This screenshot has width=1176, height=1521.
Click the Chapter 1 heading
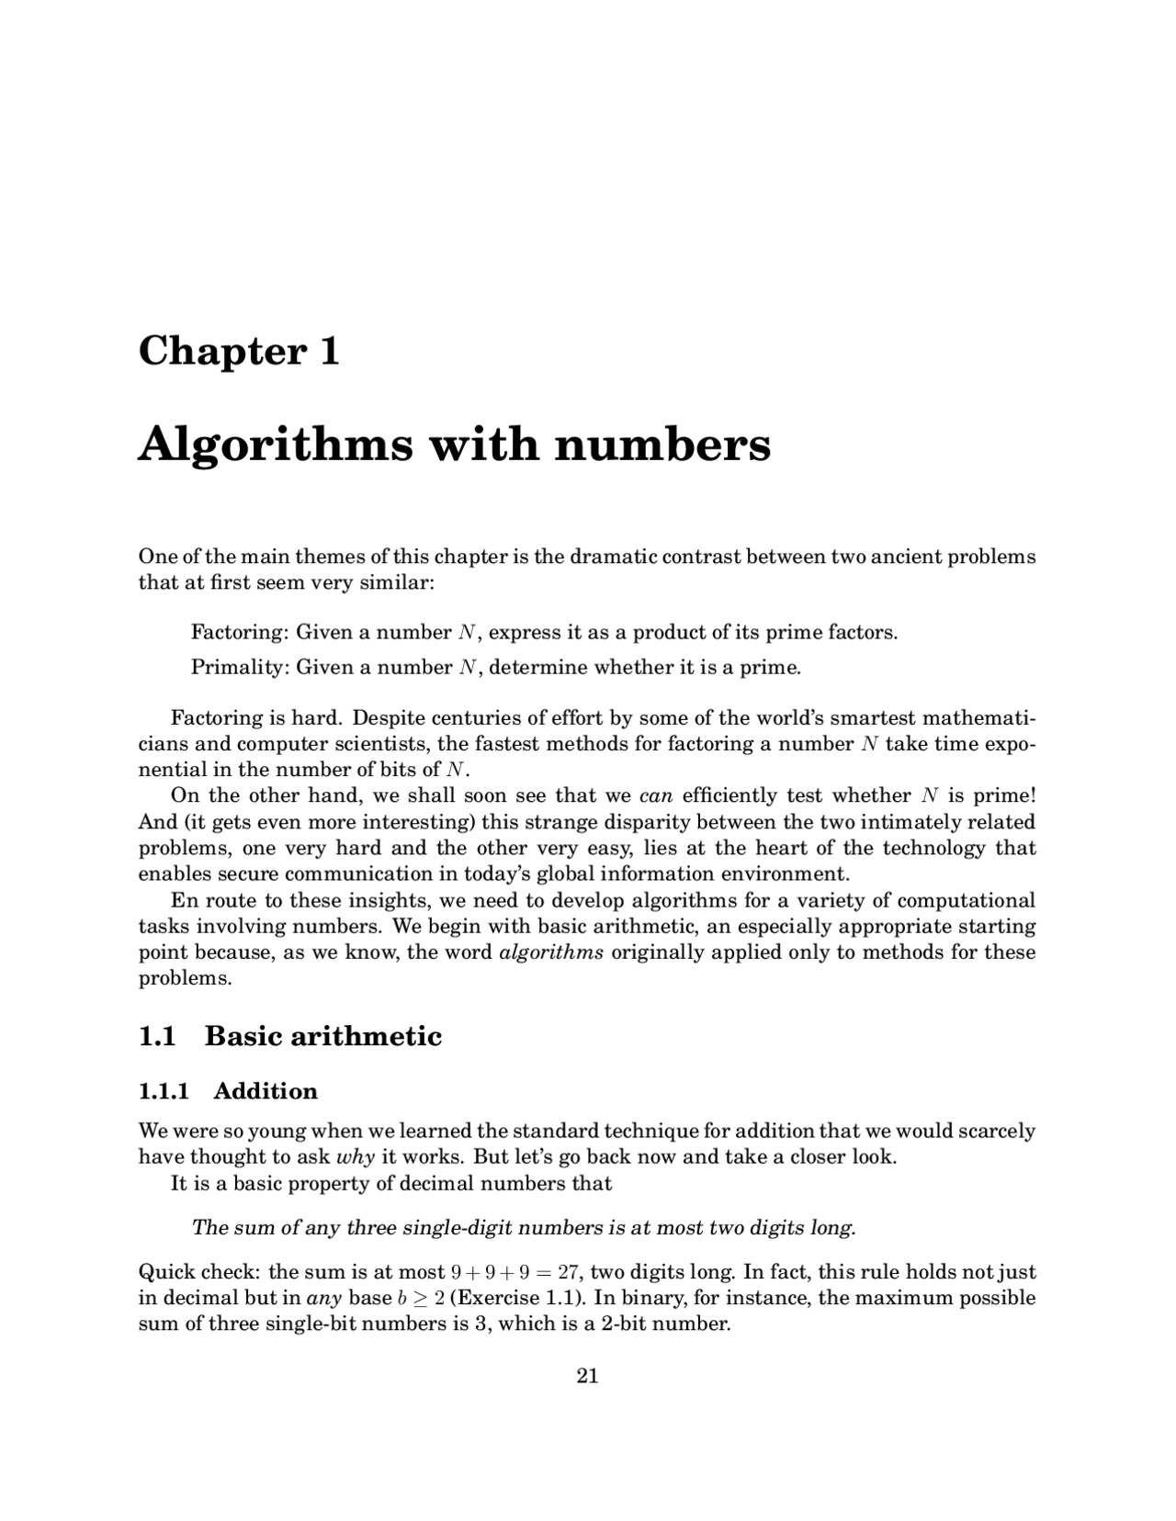tap(239, 351)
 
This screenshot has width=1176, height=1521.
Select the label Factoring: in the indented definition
tap(241, 633)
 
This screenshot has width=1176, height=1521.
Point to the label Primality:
tap(241, 668)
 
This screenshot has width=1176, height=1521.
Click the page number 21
tap(587, 1376)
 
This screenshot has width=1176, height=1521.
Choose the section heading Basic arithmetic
tap(322, 1037)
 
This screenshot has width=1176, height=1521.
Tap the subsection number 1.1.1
tap(164, 1091)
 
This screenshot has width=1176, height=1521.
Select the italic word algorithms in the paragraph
tap(551, 952)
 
